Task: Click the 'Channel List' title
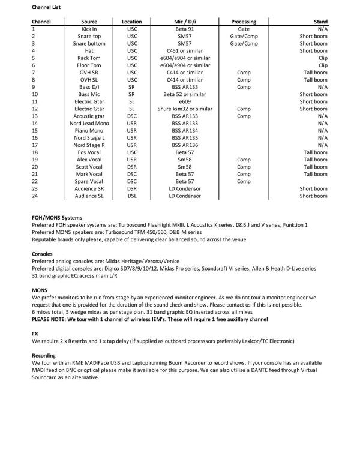tap(49, 7)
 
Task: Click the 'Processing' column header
tap(244, 22)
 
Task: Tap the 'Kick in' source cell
tap(89, 29)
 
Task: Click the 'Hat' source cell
tap(89, 50)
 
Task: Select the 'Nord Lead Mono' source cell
tap(89, 123)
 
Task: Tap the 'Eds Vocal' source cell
tap(89, 152)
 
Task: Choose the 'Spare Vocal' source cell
tap(89, 181)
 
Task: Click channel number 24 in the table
tap(35, 196)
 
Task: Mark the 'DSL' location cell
tap(131, 196)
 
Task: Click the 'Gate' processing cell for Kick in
tap(244, 29)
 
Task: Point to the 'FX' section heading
tap(35, 334)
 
